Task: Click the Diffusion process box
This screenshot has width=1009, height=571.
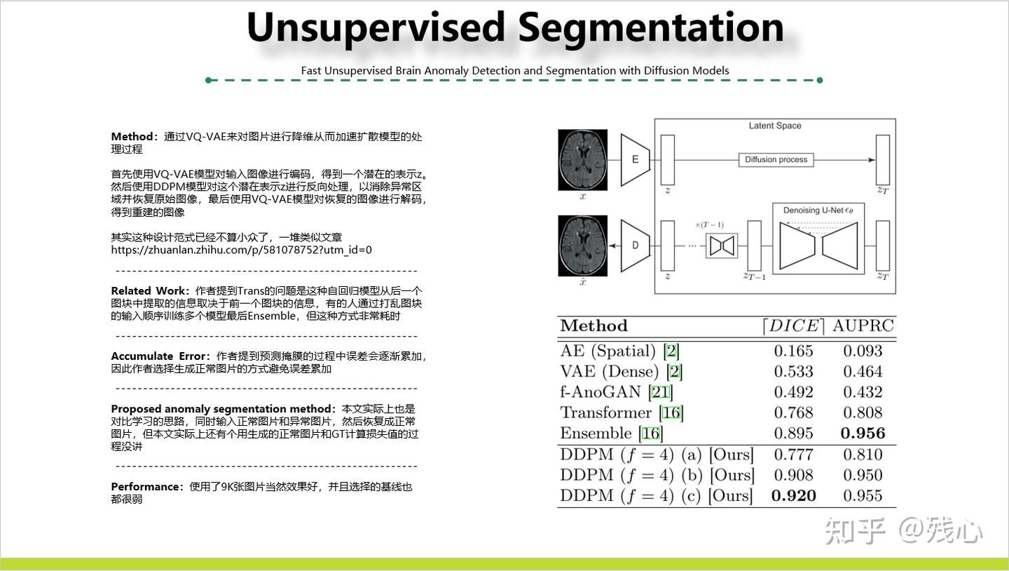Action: (x=776, y=160)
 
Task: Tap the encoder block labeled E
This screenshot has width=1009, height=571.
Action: (x=635, y=160)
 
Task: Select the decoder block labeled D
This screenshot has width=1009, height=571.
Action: (x=635, y=246)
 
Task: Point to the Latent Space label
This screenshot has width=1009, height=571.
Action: (x=774, y=126)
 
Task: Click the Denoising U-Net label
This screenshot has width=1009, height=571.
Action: (x=813, y=210)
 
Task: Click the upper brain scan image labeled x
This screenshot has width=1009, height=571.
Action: (x=582, y=160)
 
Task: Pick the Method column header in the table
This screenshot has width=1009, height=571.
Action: (x=593, y=326)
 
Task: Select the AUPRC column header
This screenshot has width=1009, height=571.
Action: (x=863, y=326)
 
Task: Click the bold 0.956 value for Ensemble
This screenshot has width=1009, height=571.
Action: (x=863, y=434)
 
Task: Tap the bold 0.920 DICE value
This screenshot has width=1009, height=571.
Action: (x=793, y=496)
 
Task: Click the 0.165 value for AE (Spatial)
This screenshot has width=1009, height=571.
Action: (x=793, y=351)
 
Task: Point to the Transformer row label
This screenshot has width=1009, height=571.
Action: (x=607, y=412)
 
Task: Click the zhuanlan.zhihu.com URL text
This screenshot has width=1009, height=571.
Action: (x=241, y=250)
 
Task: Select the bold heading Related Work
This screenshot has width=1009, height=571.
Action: (x=149, y=291)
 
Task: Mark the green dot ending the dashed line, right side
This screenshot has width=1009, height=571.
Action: (x=820, y=80)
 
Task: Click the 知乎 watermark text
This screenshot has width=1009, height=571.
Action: (x=855, y=530)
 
